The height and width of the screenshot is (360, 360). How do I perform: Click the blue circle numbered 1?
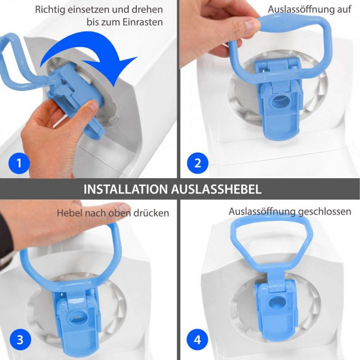point(19,163)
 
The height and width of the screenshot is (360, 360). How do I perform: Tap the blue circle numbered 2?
point(198,163)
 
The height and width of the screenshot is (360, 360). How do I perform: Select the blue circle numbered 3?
point(20,340)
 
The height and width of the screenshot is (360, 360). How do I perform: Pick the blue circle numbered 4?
point(198,340)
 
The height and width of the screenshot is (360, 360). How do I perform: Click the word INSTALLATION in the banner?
point(126,189)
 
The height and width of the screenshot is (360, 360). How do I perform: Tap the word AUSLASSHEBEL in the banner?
point(216,189)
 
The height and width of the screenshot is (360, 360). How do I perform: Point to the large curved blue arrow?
point(92,58)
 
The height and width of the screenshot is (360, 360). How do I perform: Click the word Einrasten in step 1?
point(143,22)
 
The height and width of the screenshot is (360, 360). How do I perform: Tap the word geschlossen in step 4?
point(324,211)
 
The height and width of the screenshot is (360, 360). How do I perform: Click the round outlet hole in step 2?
point(279,101)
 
